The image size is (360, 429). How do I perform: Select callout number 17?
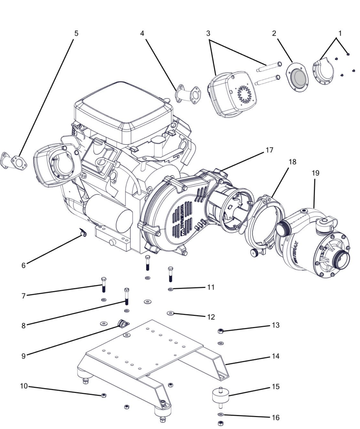[x=269, y=150]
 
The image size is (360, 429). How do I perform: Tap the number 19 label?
[x=315, y=173]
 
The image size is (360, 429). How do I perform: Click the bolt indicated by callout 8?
[x=127, y=297]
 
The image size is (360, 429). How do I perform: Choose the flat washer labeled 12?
[x=171, y=313]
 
